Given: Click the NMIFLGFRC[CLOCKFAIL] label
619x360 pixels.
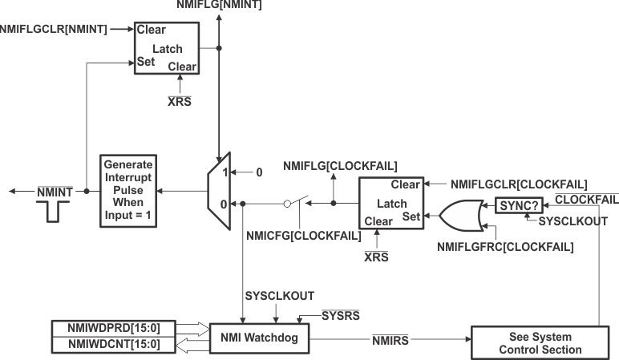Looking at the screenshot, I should pyautogui.click(x=505, y=247).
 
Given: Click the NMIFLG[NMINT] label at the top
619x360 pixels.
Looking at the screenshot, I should pyautogui.click(x=218, y=5).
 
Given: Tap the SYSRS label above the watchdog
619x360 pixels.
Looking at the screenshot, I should pyautogui.click(x=338, y=314).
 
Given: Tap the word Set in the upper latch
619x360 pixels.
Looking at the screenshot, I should pyautogui.click(x=146, y=61).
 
